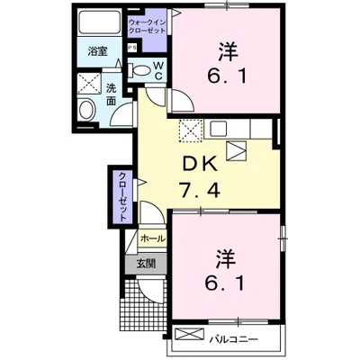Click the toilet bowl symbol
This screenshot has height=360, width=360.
(142, 69)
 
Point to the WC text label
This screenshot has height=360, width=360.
(158, 69)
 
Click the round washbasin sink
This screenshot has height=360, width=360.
(85, 111)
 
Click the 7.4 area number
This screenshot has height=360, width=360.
(200, 191)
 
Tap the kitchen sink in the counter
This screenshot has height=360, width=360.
(237, 150)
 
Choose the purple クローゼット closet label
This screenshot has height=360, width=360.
(121, 195)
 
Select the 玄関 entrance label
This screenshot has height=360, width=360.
(147, 265)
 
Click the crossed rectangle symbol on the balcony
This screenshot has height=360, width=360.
(191, 337)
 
